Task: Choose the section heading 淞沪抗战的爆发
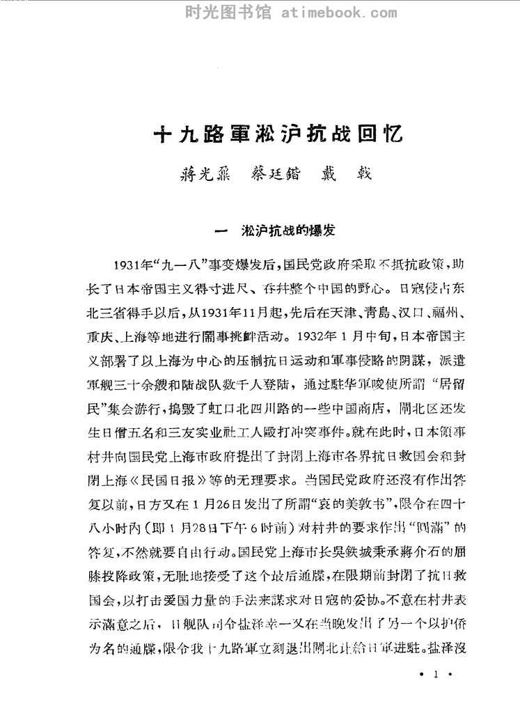point(290,231)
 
